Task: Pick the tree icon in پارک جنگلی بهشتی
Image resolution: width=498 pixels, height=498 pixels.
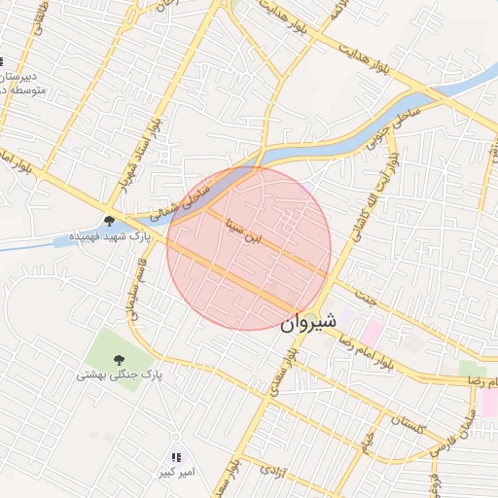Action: point(119,358)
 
